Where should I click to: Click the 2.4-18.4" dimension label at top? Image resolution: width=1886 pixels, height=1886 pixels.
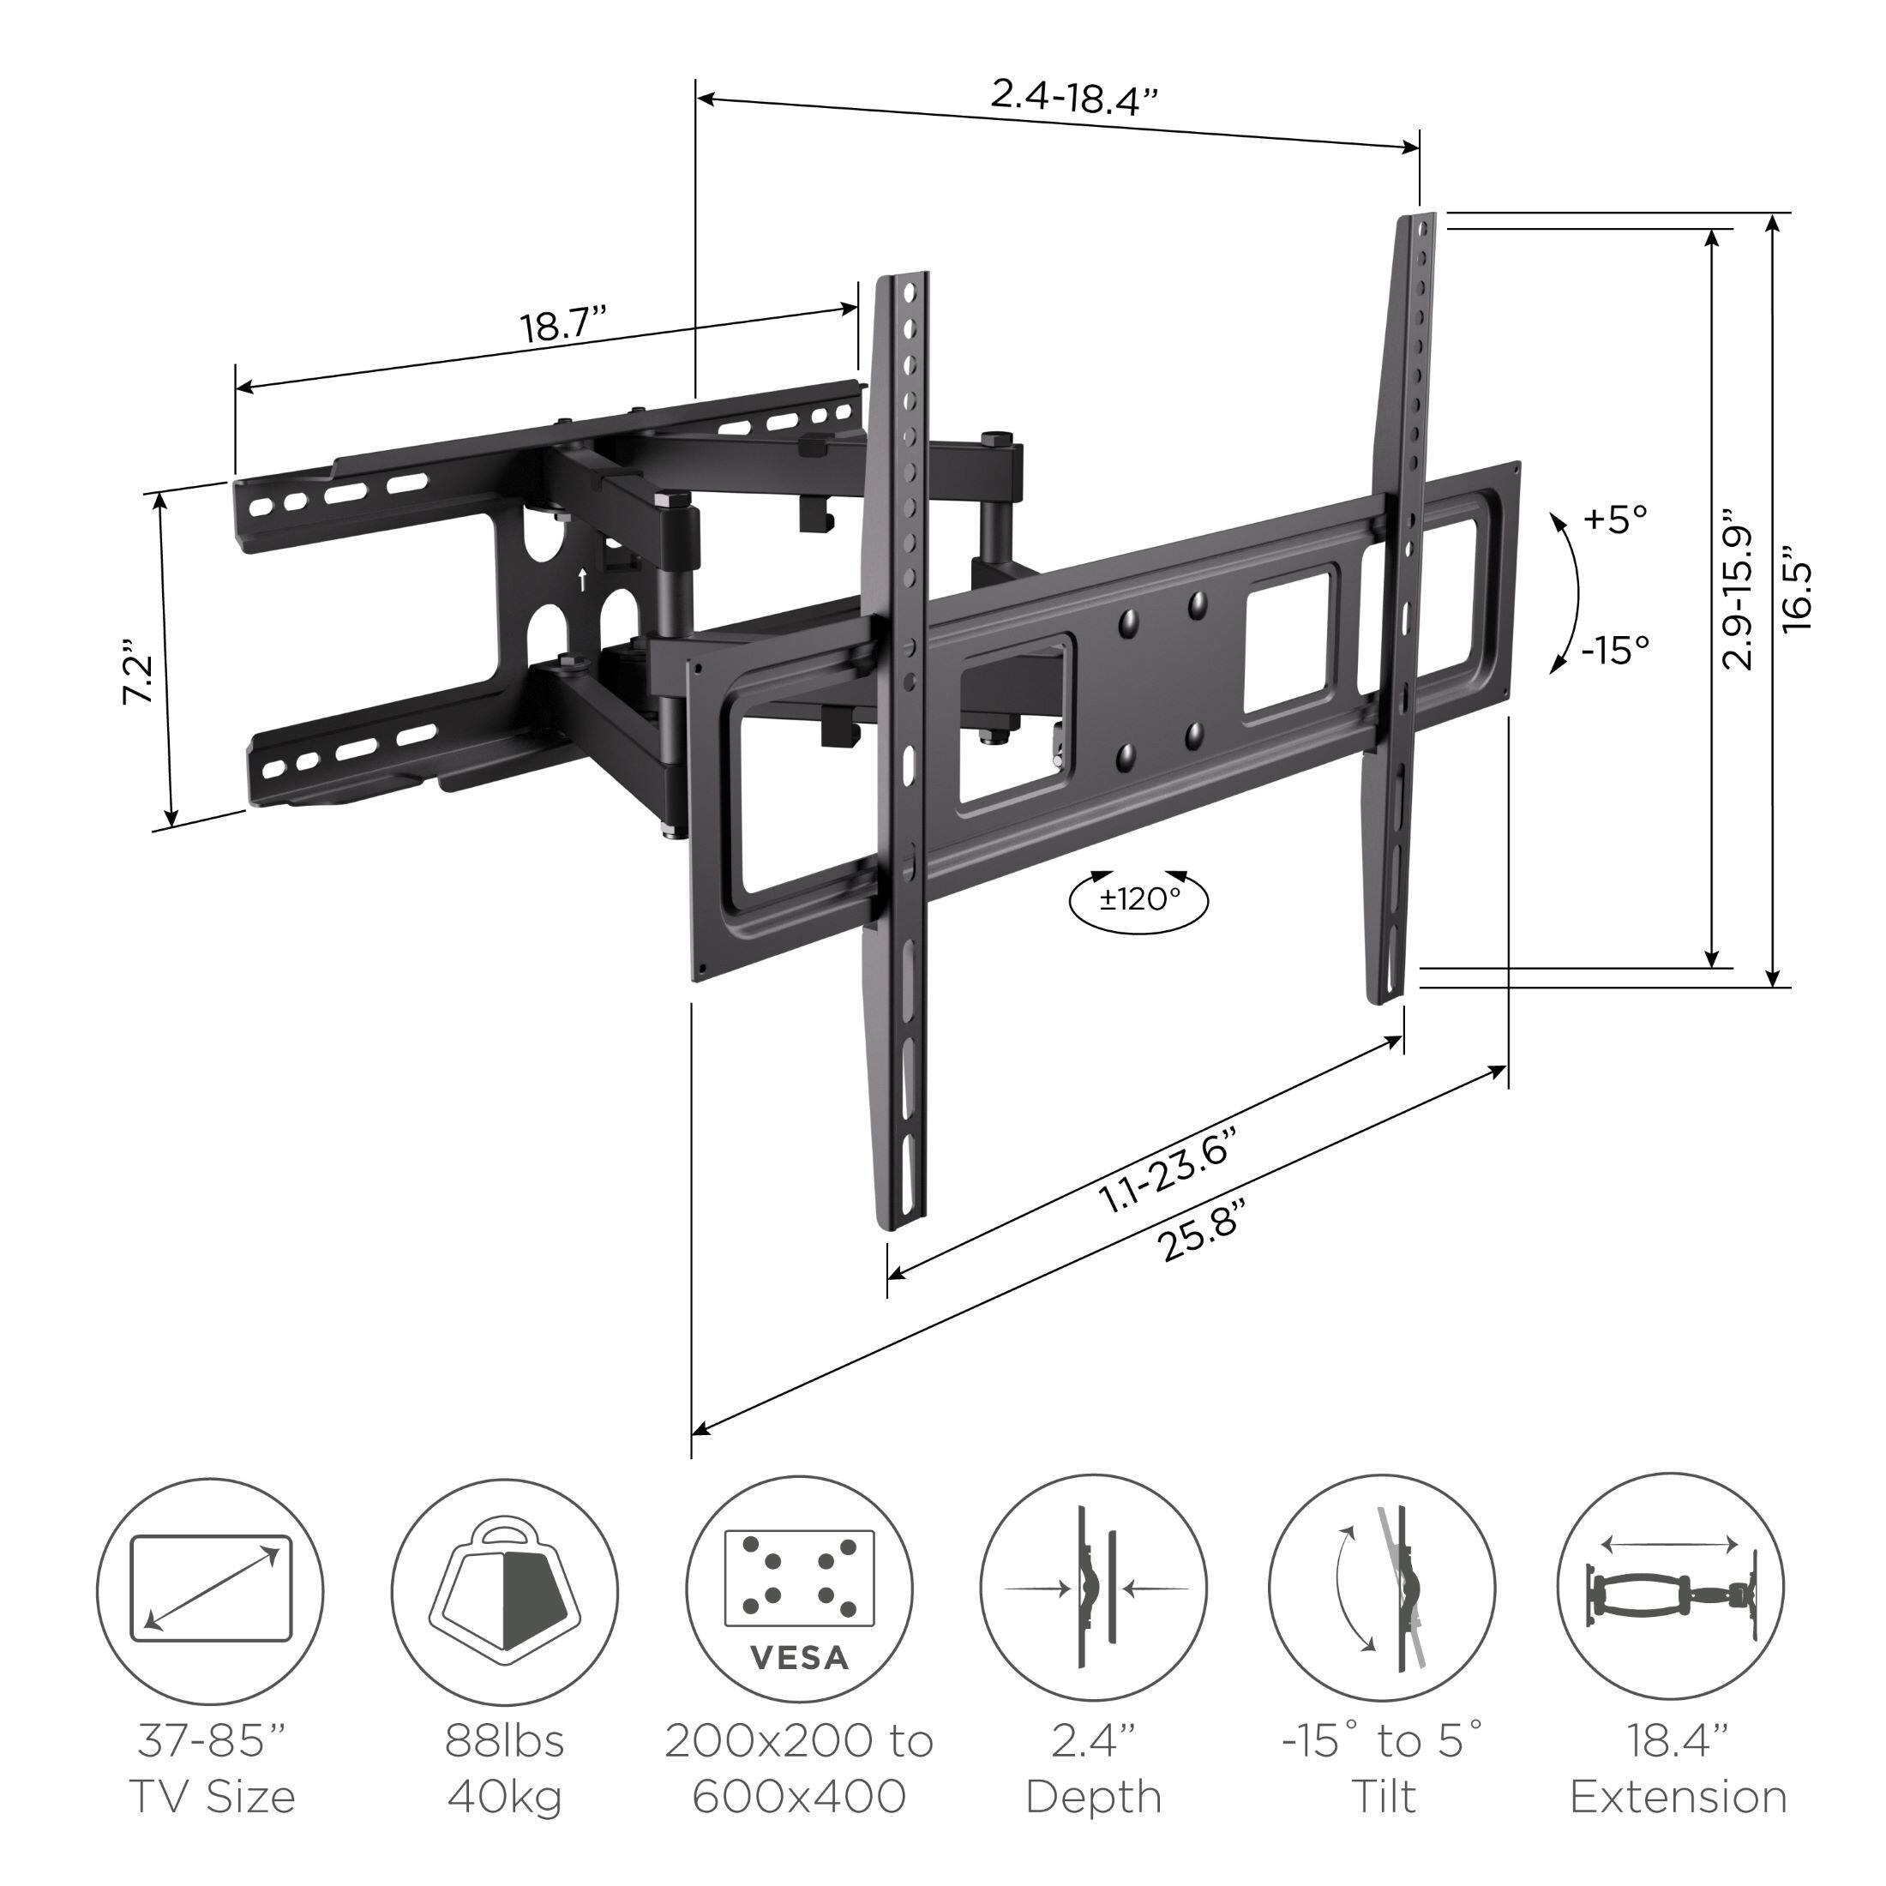point(1075,98)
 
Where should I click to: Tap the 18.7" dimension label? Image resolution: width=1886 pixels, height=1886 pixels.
point(563,324)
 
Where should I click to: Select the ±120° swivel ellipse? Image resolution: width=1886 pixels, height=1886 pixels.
point(1139,899)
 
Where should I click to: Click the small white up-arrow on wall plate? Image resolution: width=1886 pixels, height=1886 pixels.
point(583,580)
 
